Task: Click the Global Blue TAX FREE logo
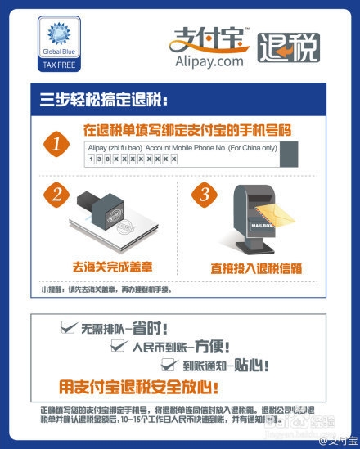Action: pos(56,45)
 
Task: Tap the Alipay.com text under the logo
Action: pos(209,61)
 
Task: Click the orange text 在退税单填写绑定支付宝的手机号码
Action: pos(187,130)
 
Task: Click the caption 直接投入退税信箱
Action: pos(256,267)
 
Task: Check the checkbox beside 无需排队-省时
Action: pos(69,327)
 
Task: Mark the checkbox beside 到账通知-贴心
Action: pos(166,364)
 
